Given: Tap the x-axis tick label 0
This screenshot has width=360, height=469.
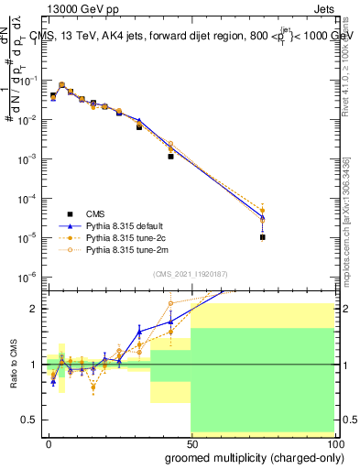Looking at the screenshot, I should pyautogui.click(x=49, y=443).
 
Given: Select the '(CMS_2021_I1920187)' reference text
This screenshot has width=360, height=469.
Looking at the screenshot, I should pyautogui.click(x=190, y=272).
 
